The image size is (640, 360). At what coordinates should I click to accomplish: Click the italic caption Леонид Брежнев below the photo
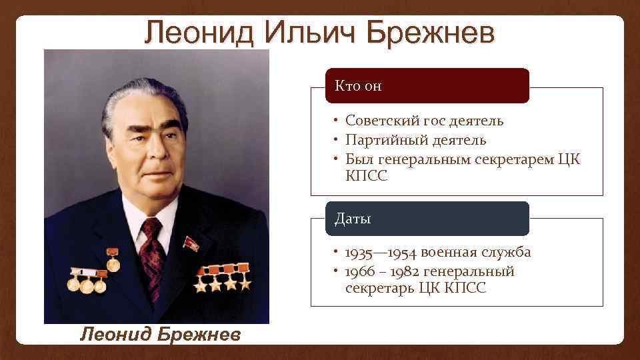click(x=160, y=334)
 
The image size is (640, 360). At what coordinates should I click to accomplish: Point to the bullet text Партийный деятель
click(x=415, y=140)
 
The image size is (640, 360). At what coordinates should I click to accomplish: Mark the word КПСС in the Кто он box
click(x=366, y=176)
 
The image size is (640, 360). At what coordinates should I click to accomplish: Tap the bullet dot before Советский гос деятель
click(x=338, y=121)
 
